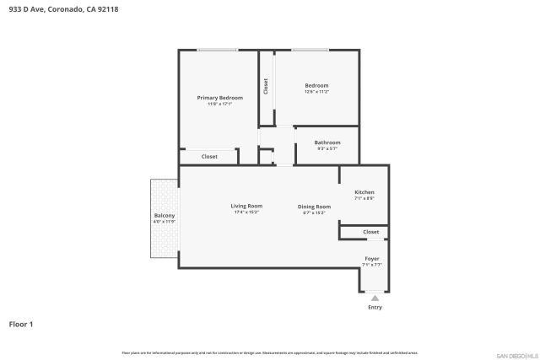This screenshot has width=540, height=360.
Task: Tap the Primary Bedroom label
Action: pos(214,98)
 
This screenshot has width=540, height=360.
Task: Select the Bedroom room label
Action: pos(316,85)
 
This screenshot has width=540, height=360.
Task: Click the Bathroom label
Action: pos(327,142)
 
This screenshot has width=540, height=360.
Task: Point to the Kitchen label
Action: pos(364,192)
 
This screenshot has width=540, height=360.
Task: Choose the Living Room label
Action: pos(246,206)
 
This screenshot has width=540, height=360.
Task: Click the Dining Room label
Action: pos(314,207)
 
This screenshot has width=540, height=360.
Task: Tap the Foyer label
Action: pos(371,258)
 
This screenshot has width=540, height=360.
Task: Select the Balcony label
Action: pos(165,216)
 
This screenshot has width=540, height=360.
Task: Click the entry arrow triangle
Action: pos(375,298)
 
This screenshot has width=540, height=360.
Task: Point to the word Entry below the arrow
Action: pos(375,307)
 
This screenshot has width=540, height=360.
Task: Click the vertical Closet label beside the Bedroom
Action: pos(266,86)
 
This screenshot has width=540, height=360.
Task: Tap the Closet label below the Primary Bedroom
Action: pos(209,157)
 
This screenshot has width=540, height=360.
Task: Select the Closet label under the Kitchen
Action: pos(371,232)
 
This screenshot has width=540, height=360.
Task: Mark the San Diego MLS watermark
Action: pos(516,355)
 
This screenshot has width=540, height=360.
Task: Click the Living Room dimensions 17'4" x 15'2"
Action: pos(246,212)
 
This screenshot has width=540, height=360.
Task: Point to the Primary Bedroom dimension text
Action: pos(214,105)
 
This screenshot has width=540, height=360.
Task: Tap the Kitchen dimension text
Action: pos(364,199)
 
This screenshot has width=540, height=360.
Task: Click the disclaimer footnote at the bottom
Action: pos(269,352)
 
